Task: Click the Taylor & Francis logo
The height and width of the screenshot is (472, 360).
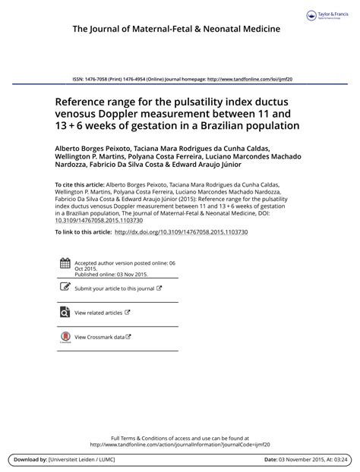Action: coord(328,16)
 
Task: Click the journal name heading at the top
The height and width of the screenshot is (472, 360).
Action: coord(176,30)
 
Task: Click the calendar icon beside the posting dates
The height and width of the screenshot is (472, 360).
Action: coord(65,266)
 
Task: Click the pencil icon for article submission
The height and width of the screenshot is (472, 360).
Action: coord(65,288)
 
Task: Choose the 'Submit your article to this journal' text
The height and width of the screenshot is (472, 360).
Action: coord(115,289)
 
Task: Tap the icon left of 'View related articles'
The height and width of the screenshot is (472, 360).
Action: coord(65,312)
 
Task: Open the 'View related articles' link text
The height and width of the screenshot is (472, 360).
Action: coord(98,313)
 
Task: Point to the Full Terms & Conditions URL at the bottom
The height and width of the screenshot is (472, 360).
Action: coord(179,445)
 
